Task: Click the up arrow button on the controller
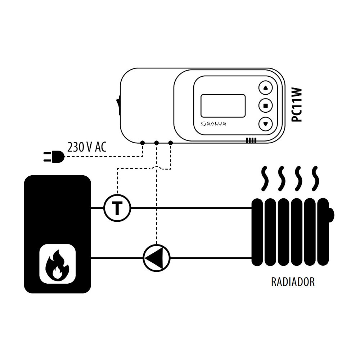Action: coord(266,87)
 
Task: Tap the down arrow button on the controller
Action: coord(266,123)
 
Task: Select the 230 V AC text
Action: coord(87,147)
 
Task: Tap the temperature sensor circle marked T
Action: coord(117,208)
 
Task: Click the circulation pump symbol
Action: coord(156,258)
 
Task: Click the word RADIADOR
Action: coord(293,282)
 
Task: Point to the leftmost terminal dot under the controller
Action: coord(143,143)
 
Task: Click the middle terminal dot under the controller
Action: coord(156,143)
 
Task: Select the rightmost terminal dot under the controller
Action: coord(170,143)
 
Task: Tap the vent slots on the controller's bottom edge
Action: coord(251,140)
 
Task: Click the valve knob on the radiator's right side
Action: coord(331,215)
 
